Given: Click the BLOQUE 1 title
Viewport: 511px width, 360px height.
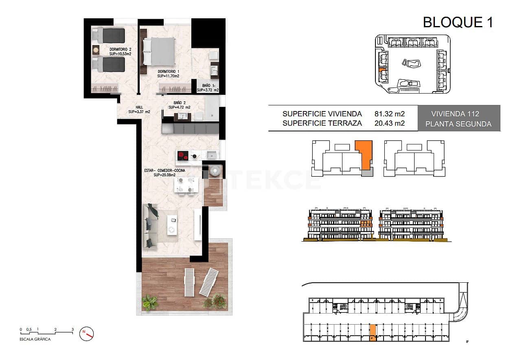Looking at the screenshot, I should pos(458,22).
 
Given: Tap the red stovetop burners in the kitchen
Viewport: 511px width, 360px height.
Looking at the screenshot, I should pos(183,155).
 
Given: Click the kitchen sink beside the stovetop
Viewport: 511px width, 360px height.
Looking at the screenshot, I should pos(212,155).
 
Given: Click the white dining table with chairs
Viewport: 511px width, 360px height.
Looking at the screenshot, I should pos(185,185).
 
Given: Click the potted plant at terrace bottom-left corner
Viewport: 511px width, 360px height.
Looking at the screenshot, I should pos(150,303).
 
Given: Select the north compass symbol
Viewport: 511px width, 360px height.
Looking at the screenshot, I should pos(87,333).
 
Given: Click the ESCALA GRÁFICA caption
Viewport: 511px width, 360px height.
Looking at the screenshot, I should pos(35,339).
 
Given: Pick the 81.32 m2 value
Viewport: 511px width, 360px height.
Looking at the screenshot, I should pos(389,114).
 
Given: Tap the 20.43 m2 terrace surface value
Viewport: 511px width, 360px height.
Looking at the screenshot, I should pos(389,124).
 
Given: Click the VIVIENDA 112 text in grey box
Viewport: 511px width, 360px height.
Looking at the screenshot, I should pos(458,114).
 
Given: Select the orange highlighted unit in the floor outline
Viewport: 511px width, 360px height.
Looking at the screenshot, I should pos(364,155).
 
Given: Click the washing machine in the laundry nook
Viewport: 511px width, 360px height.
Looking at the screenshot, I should pos(215,171).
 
